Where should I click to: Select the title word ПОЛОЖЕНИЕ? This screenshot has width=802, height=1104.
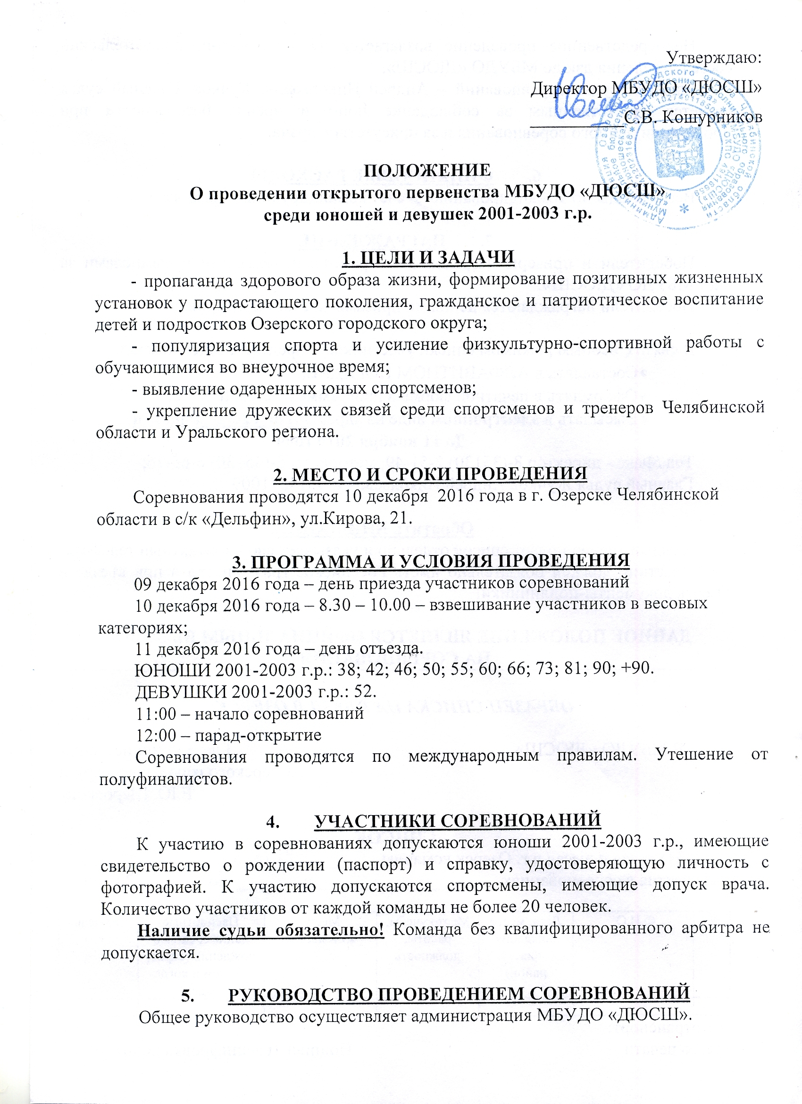428,170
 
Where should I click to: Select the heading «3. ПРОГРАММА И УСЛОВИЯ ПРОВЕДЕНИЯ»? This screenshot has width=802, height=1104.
431,560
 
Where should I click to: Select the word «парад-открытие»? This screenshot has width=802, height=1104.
258,735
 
